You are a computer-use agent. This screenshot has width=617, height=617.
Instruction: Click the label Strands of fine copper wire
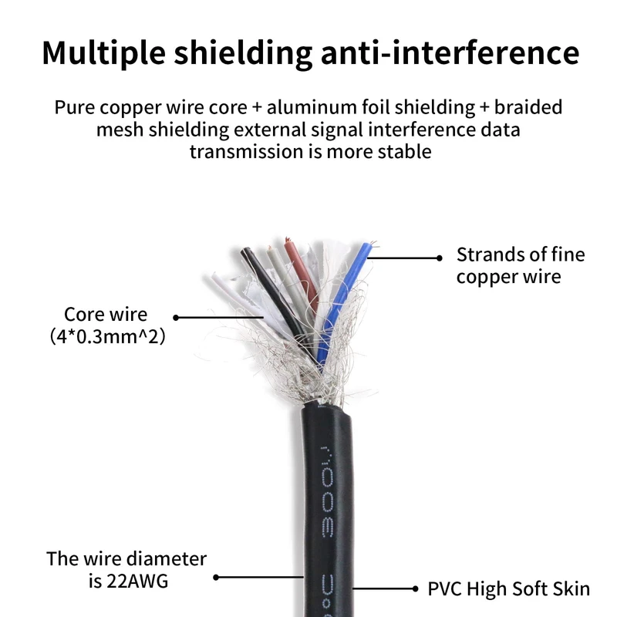pyautogui.click(x=521, y=265)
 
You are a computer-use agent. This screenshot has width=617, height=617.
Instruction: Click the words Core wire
pyautogui.click(x=106, y=315)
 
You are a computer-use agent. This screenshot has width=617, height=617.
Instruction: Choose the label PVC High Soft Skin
pyautogui.click(x=509, y=589)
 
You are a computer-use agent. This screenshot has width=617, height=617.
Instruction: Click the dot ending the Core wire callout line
pyautogui.click(x=176, y=316)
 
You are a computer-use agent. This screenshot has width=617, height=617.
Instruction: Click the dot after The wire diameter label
pyautogui.click(x=216, y=576)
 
